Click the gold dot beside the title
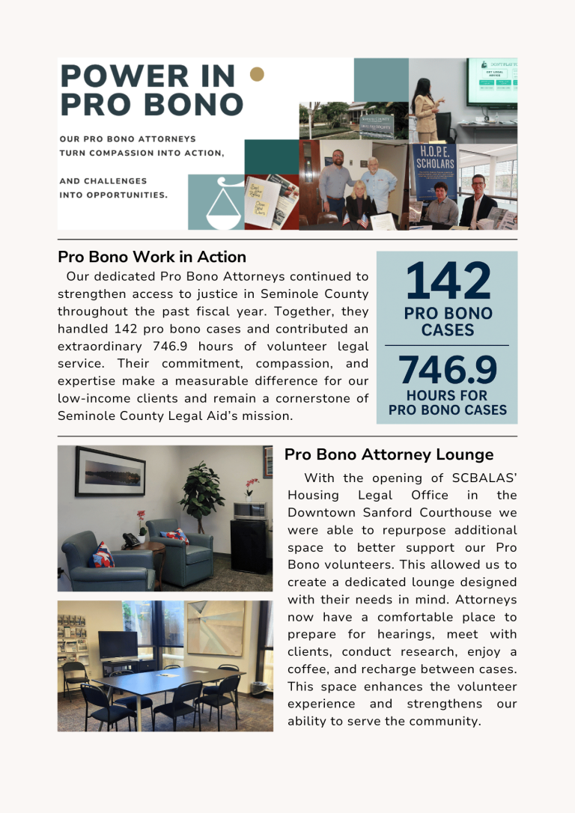pos(257,73)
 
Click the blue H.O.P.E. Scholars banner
pos(434,171)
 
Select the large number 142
pos(448,281)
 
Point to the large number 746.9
pos(448,371)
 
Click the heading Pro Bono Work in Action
pos(152,258)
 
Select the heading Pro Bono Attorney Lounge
pos(389,454)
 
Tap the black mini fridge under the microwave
pos(250,545)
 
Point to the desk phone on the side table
pos(132,539)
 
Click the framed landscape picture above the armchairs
pos(110,472)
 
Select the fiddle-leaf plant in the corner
pos(200,491)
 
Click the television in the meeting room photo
pos(118,645)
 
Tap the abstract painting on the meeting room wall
pos(215,628)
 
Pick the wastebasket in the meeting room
pos(258,689)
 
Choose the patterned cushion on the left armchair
pos(102,555)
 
